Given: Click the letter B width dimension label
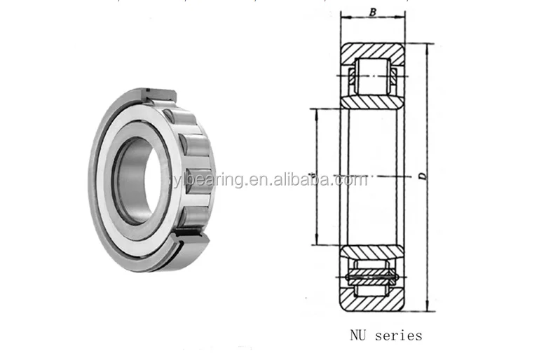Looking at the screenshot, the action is point(373,12).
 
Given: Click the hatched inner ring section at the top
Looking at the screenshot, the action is point(372,102).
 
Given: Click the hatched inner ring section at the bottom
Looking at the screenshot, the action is point(372,251).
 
